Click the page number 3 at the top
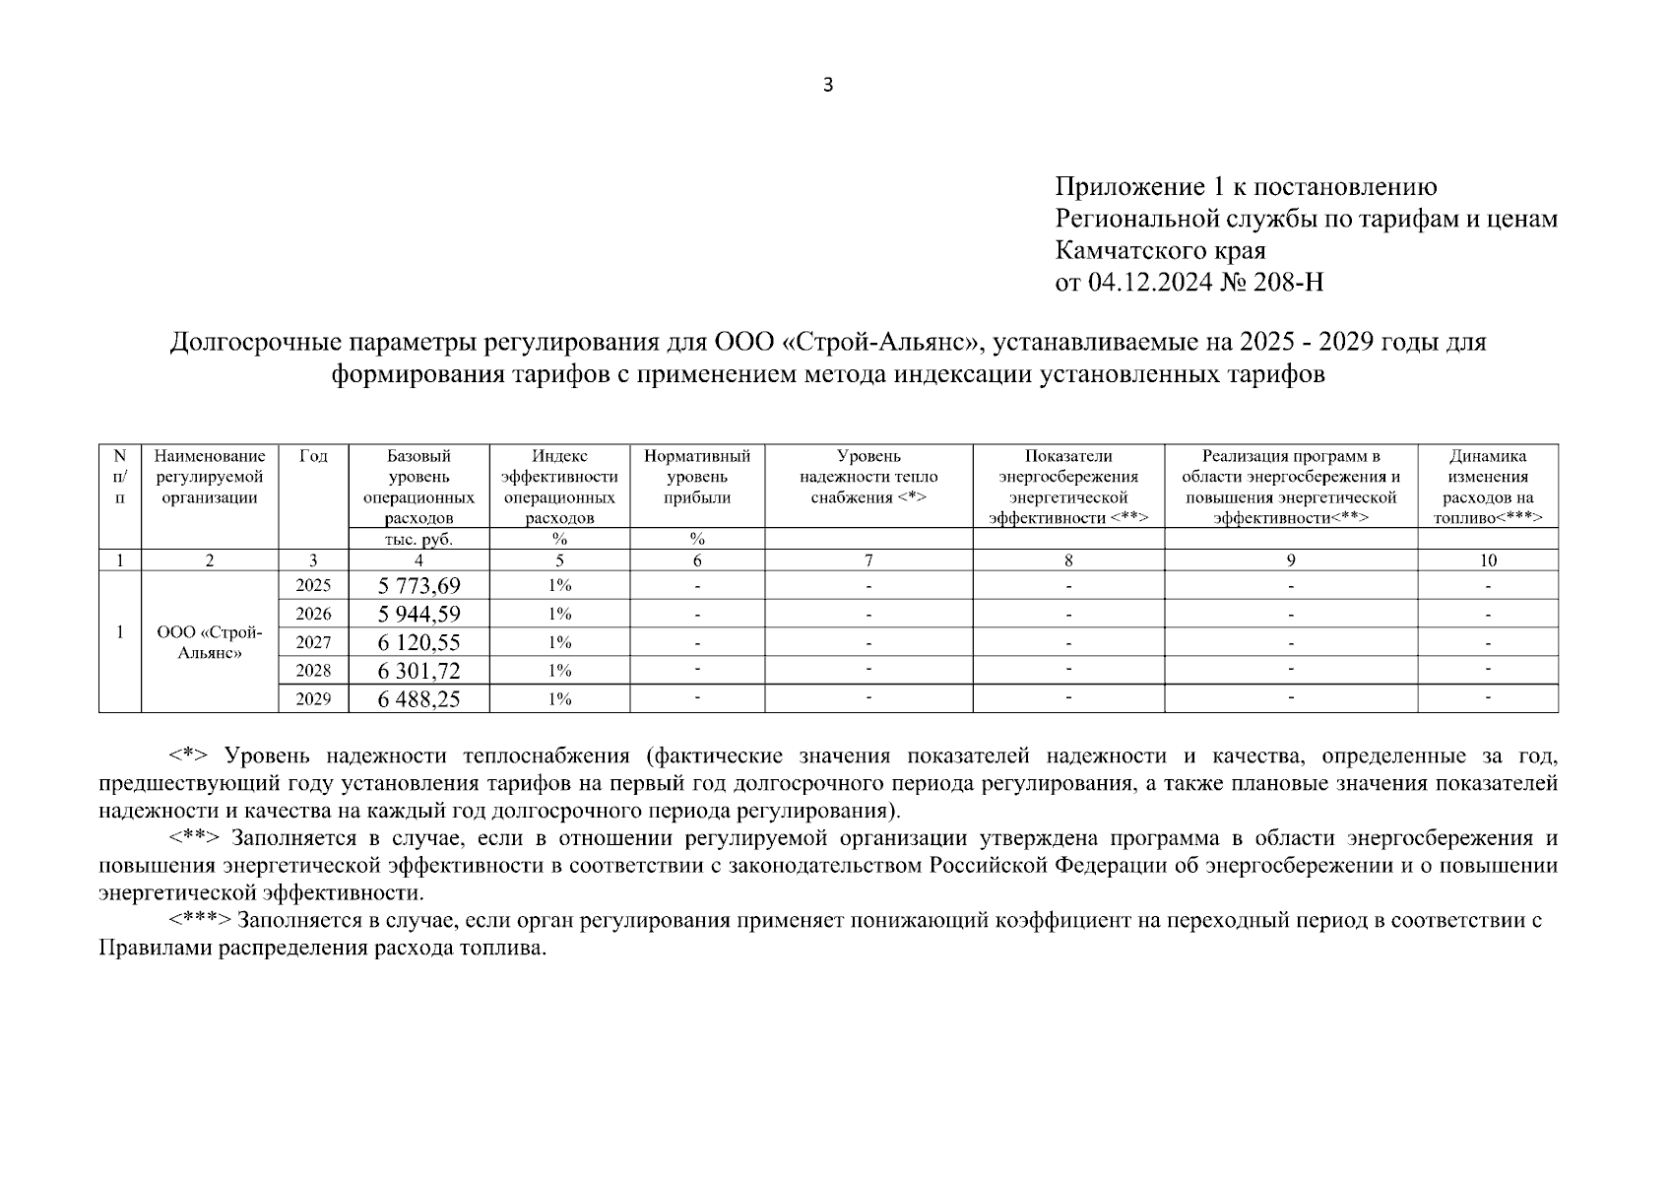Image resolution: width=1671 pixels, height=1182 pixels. (827, 86)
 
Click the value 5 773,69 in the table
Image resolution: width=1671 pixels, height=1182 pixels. (418, 586)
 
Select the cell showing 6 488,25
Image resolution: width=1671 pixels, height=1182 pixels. (418, 699)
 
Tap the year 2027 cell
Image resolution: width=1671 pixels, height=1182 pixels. (313, 642)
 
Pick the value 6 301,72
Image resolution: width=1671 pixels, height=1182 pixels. (418, 672)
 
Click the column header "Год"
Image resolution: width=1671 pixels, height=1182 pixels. (313, 456)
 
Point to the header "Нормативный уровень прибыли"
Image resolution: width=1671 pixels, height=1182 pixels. (696, 477)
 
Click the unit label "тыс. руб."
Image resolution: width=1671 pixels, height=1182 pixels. (418, 539)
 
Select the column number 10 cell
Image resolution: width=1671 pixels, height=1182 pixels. (1488, 560)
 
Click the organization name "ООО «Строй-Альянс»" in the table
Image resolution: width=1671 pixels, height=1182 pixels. (209, 642)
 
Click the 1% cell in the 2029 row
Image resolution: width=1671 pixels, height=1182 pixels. (559, 699)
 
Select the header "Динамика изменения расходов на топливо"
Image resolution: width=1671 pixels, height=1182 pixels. (1488, 487)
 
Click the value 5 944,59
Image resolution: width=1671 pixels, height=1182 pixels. (418, 615)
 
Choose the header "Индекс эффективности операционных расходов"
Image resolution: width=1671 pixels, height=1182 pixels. (559, 487)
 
